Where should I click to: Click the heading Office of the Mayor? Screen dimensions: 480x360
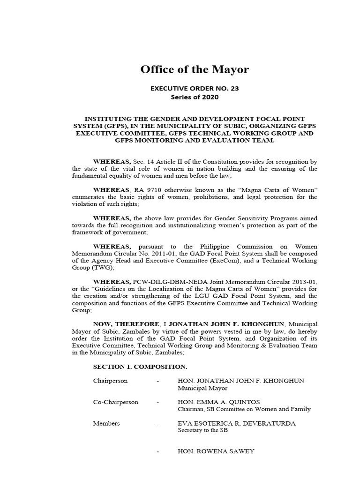point(195,70)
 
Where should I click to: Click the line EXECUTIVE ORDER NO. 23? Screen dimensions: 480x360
point(195,88)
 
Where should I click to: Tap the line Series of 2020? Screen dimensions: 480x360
point(195,97)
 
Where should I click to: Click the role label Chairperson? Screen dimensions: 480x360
point(110,381)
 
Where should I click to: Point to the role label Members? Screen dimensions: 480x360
point(106,423)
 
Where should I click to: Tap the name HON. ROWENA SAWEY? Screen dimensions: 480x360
point(216,451)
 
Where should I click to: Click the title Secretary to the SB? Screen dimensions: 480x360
point(202,430)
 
